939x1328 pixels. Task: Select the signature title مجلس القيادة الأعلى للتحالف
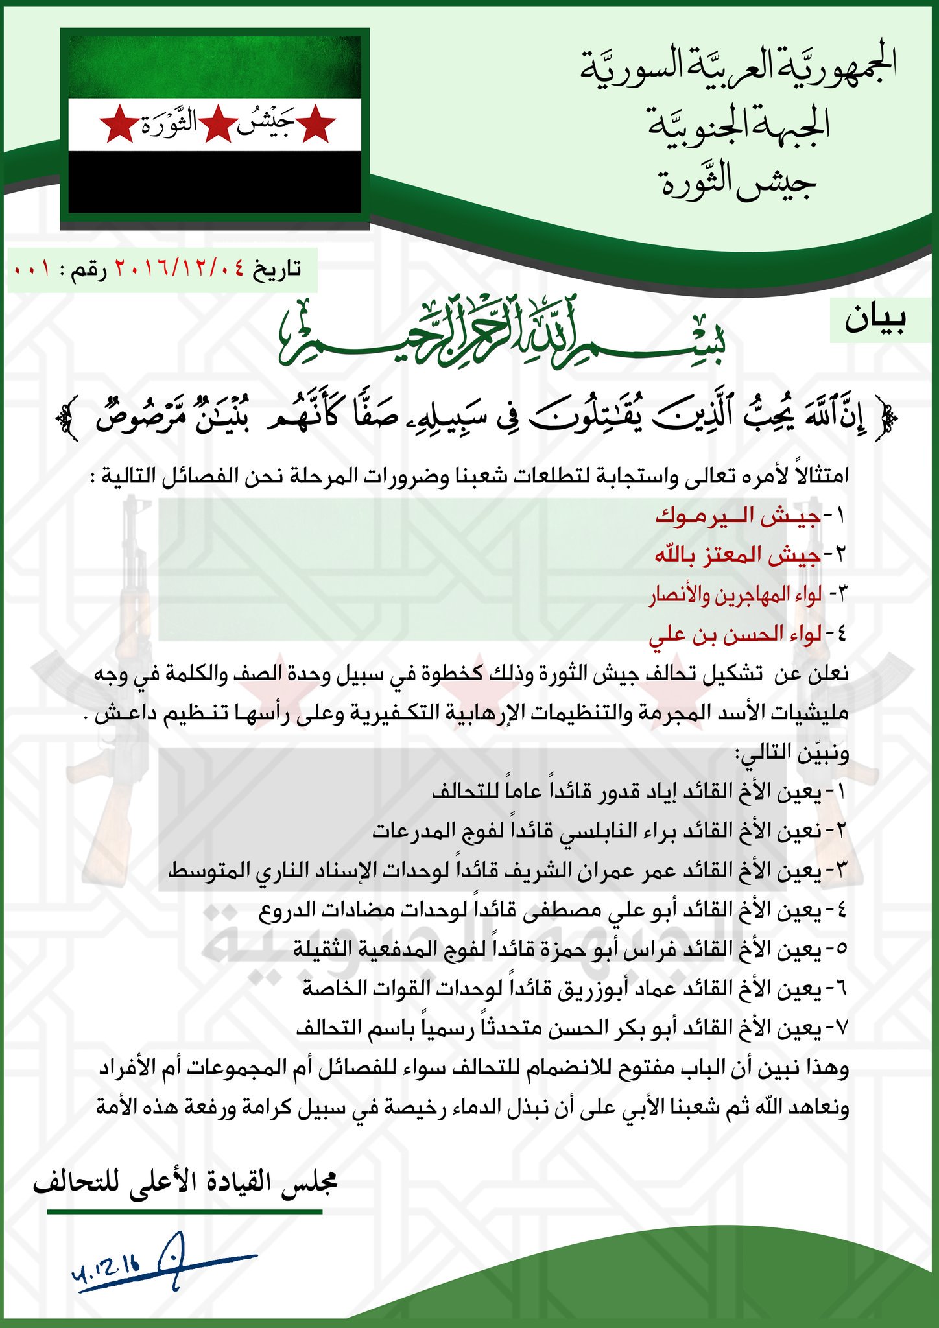pos(185,1184)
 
